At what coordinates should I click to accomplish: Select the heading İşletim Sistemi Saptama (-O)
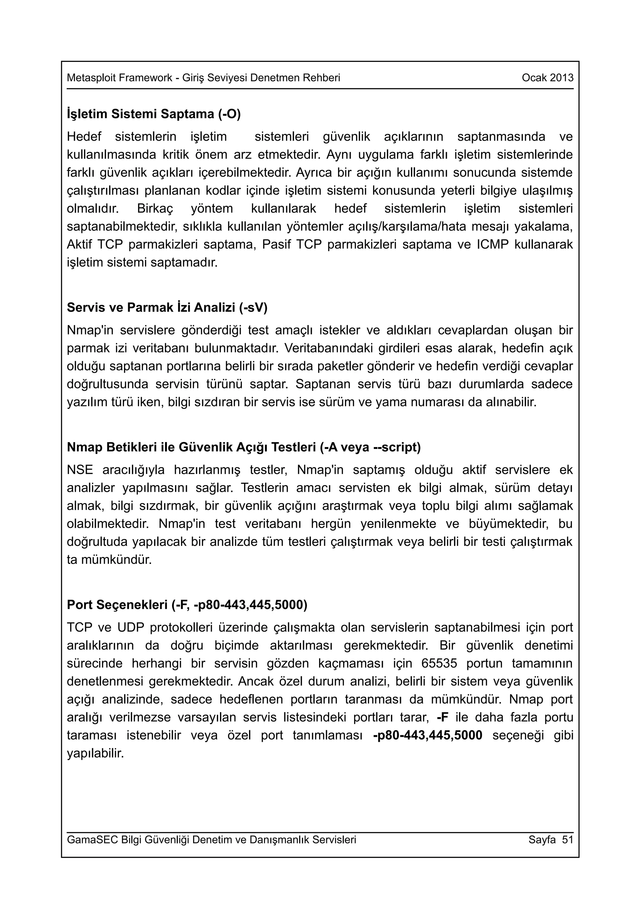(x=154, y=114)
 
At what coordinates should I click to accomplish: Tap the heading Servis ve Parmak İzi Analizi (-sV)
(x=167, y=307)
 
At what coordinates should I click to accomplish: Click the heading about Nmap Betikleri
(x=244, y=447)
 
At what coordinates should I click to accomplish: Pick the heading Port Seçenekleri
(x=187, y=605)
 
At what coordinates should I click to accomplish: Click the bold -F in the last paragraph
(x=442, y=717)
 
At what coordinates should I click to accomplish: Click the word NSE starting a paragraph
(x=80, y=470)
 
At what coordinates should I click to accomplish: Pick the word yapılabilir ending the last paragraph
(x=95, y=754)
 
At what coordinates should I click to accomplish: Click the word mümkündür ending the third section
(x=116, y=560)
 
